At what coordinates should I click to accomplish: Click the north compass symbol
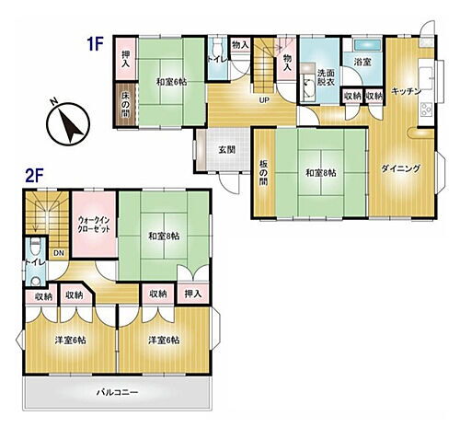(x=65, y=122)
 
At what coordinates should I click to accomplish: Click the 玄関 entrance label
(x=226, y=149)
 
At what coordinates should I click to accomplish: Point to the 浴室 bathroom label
(x=362, y=63)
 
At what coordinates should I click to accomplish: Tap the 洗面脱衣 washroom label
(x=327, y=78)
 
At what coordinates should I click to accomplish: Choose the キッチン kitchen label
(x=406, y=91)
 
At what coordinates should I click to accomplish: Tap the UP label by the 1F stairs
(x=263, y=100)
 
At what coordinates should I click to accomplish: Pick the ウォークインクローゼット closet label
(x=96, y=225)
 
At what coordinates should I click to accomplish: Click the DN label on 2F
(x=57, y=253)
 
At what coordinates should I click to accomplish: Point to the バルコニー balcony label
(x=118, y=391)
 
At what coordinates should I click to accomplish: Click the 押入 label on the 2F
(x=191, y=295)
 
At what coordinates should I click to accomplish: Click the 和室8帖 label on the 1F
(x=320, y=171)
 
